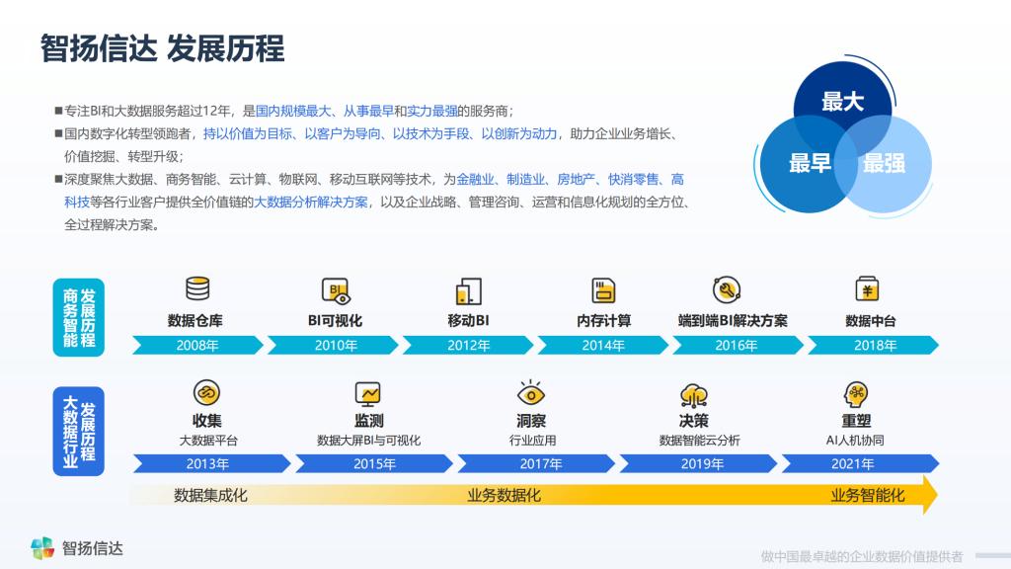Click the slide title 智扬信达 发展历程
click(x=163, y=48)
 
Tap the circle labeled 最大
click(x=842, y=103)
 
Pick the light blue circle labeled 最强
click(x=885, y=164)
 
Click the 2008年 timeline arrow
click(x=197, y=345)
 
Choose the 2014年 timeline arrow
click(x=603, y=345)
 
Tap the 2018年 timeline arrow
click(x=873, y=345)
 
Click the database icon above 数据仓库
click(x=197, y=288)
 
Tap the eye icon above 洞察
click(x=530, y=393)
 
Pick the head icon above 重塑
click(x=856, y=394)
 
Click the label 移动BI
click(x=468, y=321)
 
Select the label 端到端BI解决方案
click(x=733, y=321)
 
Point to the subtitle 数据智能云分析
click(x=700, y=441)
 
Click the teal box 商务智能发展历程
click(x=79, y=317)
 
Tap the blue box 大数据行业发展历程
click(x=79, y=432)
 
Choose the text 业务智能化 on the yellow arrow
click(x=867, y=496)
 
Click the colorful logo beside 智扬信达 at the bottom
click(x=42, y=548)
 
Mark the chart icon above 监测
click(x=368, y=393)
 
